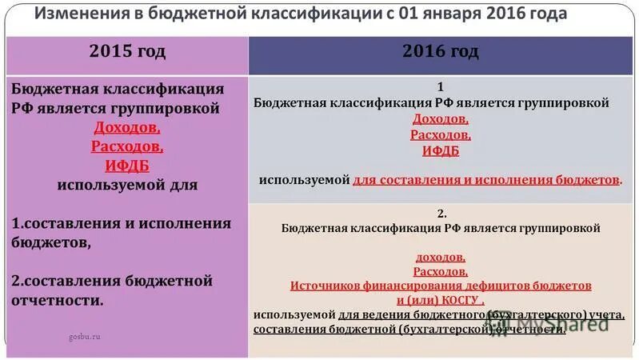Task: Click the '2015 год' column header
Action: [127, 53]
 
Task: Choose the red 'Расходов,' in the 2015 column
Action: [127, 146]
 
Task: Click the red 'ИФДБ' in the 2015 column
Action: [127, 166]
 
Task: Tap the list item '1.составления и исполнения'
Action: [122, 223]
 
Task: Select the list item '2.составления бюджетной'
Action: [112, 281]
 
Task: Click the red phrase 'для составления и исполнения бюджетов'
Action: [486, 180]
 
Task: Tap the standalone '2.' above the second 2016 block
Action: [441, 214]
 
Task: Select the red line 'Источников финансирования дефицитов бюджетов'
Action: [441, 286]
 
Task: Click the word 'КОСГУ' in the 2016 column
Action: [458, 300]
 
